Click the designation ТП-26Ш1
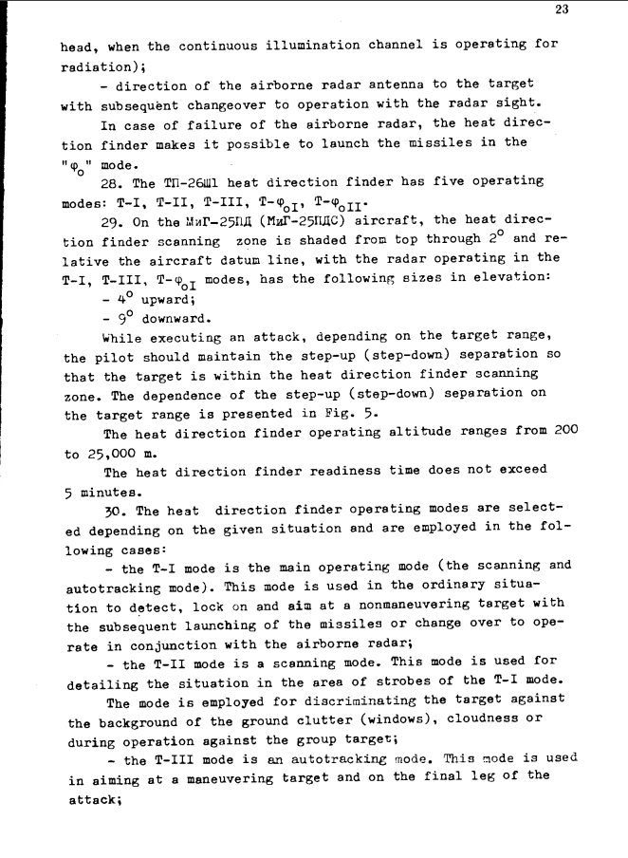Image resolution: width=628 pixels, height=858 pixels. pos(195,181)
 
